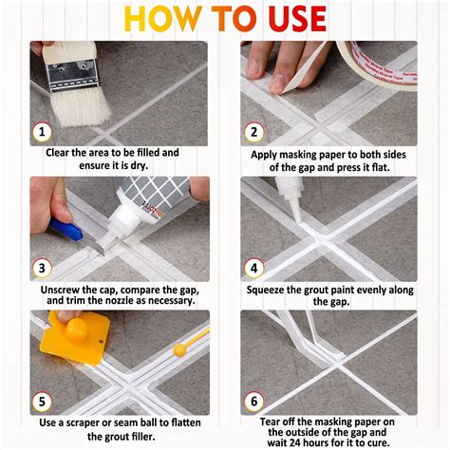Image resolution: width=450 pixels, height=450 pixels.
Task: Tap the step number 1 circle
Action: (x=40, y=132)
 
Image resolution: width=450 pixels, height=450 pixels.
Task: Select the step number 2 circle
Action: (x=252, y=132)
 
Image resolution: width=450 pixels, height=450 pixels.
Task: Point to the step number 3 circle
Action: (x=40, y=267)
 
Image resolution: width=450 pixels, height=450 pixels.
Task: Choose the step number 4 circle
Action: (x=252, y=267)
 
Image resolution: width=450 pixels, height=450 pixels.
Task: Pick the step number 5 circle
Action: (x=40, y=402)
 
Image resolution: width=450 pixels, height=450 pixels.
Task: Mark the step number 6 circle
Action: (x=252, y=402)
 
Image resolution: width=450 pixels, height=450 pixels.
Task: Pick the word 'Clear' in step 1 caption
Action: (x=63, y=152)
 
